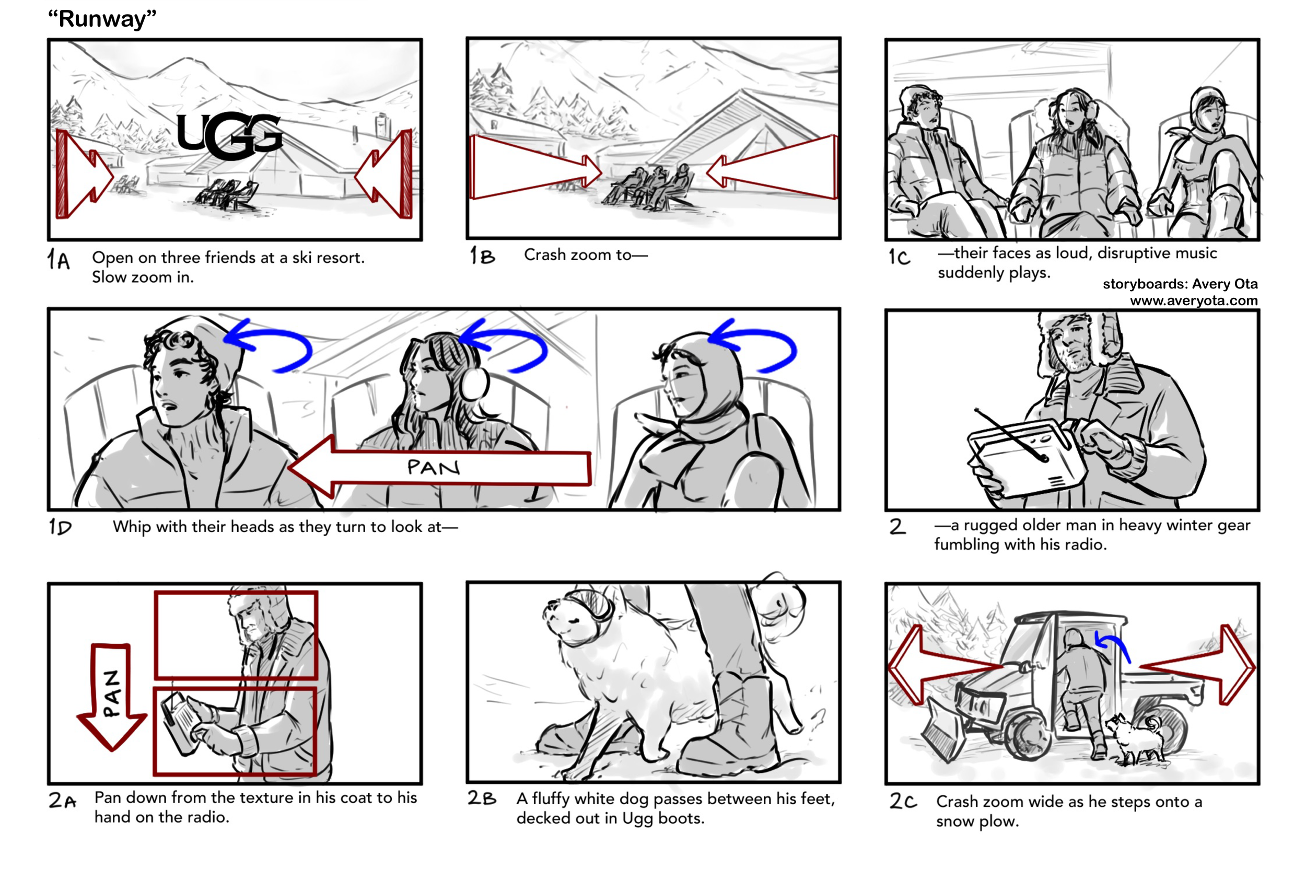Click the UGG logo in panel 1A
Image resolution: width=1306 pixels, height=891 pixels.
229,135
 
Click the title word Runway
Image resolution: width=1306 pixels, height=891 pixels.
102,18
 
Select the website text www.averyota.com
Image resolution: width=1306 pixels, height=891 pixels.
1193,301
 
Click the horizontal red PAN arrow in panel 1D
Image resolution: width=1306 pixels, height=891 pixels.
438,467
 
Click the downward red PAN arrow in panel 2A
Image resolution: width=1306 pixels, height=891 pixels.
111,697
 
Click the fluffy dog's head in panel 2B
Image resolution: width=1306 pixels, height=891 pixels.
576,618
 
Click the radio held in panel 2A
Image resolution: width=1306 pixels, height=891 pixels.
180,722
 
